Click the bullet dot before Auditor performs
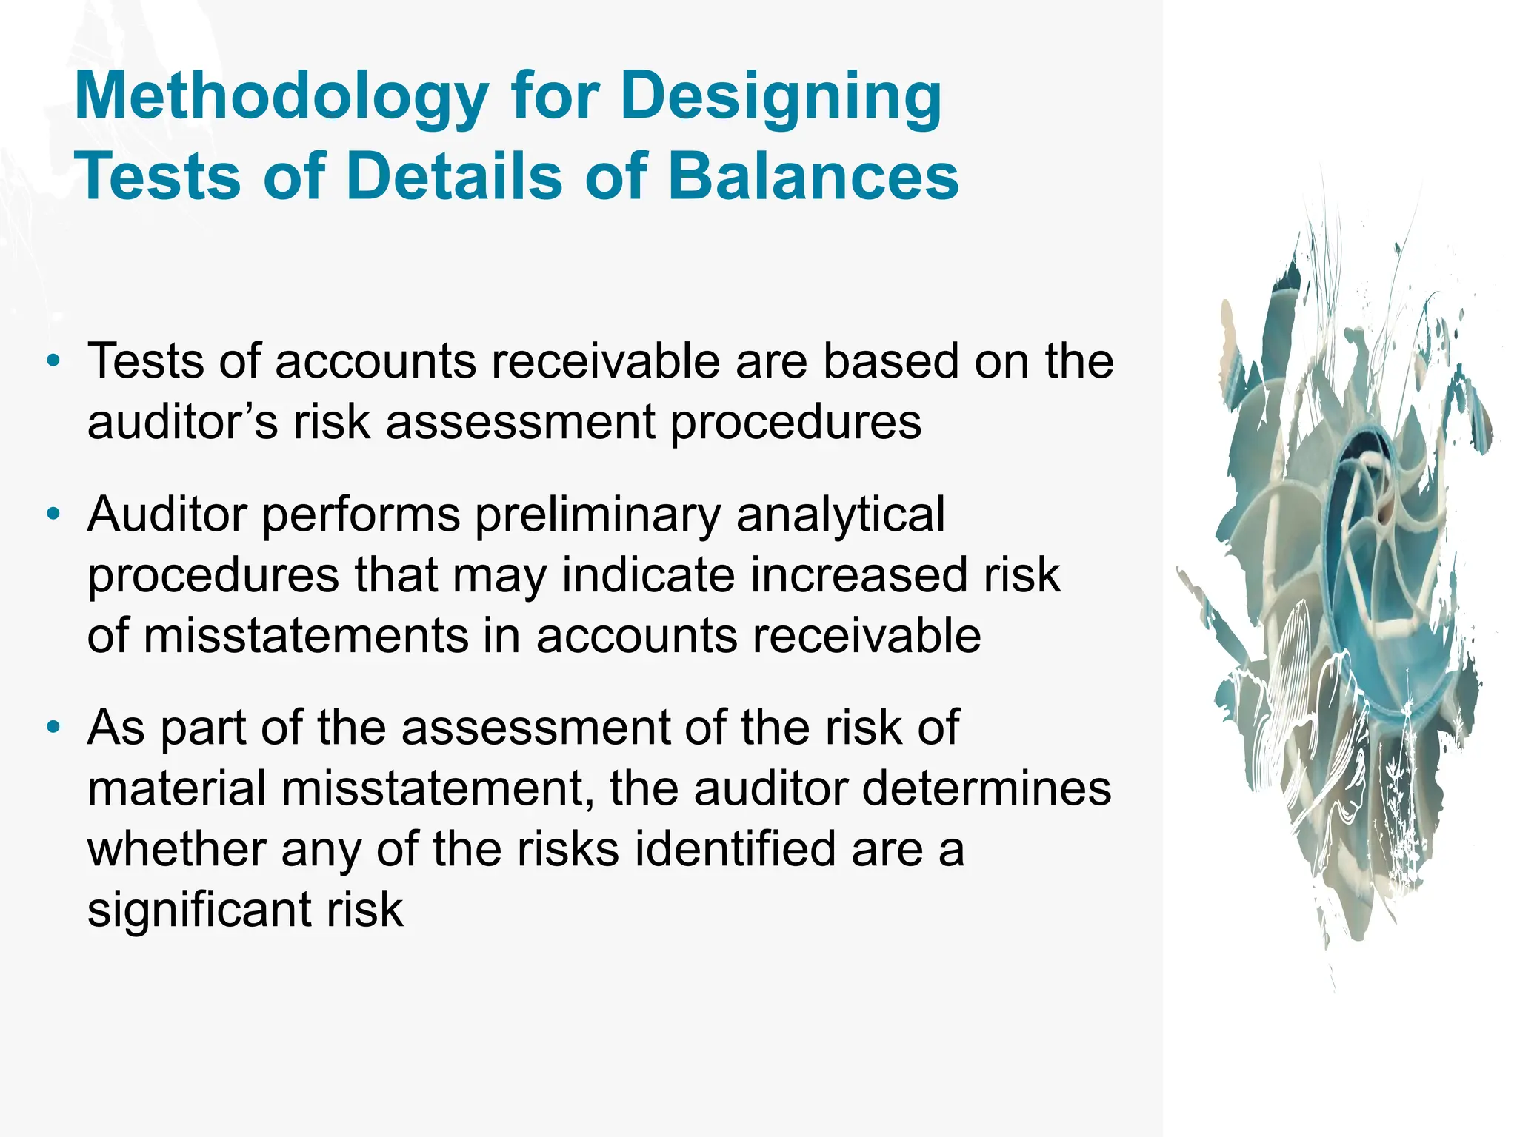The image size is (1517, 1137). [52, 514]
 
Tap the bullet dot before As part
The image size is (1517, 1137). [52, 728]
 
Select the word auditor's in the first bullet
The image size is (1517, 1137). [182, 422]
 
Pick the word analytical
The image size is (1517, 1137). [840, 514]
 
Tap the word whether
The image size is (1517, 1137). [176, 849]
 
